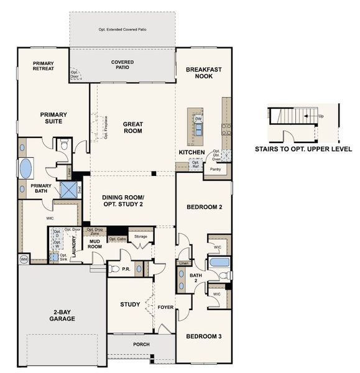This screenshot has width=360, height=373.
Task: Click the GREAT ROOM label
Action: (x=132, y=127)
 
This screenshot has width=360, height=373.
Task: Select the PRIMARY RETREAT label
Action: (x=44, y=65)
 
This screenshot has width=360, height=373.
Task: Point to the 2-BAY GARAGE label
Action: (x=62, y=315)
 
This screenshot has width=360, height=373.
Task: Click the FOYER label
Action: (x=165, y=306)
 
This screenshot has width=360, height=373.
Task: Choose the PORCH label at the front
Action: (x=141, y=344)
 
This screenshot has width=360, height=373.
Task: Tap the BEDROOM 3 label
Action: (x=203, y=336)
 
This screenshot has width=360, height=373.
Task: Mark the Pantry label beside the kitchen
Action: (x=215, y=169)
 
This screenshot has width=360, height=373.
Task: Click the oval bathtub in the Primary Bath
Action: (x=25, y=168)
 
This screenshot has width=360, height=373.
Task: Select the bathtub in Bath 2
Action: (x=219, y=275)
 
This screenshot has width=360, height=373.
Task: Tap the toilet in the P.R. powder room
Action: (x=114, y=269)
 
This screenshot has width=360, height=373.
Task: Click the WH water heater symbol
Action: (x=24, y=258)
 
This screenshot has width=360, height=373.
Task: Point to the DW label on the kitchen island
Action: (x=198, y=119)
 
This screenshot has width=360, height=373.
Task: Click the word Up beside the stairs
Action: (x=320, y=116)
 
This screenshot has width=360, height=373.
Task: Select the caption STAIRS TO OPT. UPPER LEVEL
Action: (x=303, y=149)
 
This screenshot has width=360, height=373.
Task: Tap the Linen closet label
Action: (x=183, y=264)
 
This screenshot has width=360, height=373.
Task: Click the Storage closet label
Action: (x=141, y=236)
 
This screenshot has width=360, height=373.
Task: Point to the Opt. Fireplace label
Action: (x=106, y=127)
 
